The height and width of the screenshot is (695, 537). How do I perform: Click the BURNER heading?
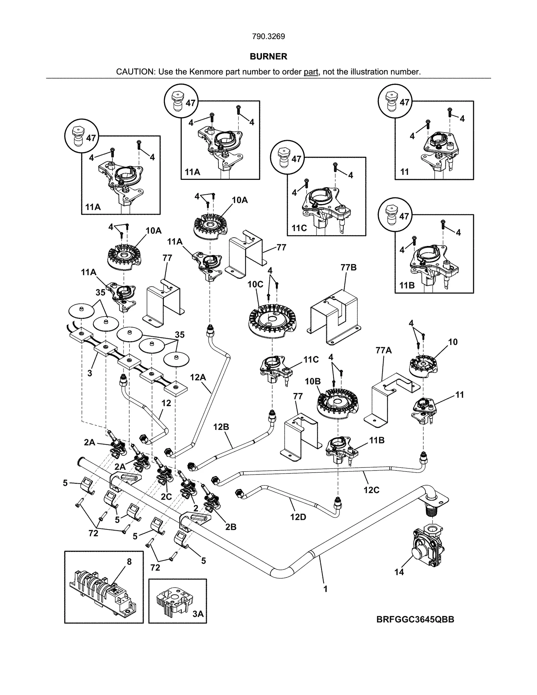tap(268, 57)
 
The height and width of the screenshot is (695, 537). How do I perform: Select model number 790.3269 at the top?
tap(268, 37)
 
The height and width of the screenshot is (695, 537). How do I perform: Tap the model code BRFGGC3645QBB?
tap(415, 619)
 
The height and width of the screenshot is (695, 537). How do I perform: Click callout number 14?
tap(399, 572)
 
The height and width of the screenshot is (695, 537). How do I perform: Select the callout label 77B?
tap(348, 267)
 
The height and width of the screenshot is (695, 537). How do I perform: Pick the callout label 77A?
tap(384, 350)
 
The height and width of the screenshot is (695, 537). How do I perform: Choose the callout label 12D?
tap(298, 517)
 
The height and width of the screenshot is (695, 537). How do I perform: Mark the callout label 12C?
tap(371, 490)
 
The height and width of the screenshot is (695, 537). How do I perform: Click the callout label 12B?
tap(221, 427)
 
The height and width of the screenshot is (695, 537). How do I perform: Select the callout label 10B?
tap(313, 382)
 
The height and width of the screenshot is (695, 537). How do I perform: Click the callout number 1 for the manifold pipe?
tap(325, 589)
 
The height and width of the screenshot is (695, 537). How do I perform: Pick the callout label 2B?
tap(231, 527)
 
